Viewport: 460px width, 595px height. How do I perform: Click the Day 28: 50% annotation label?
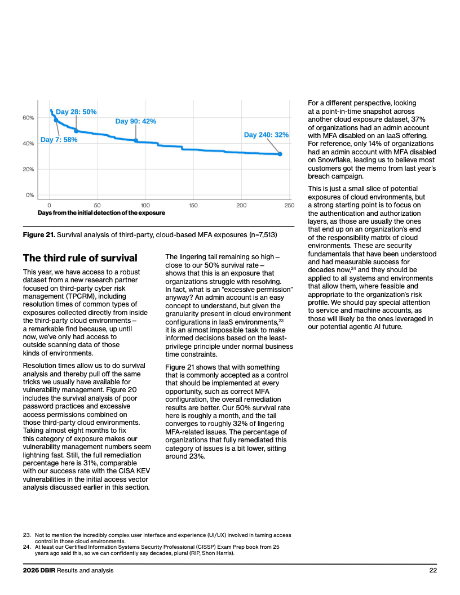click(76, 112)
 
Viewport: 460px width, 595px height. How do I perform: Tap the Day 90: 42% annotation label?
click(135, 122)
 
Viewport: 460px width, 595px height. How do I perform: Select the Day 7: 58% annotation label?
click(59, 140)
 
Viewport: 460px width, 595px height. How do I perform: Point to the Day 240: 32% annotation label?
click(266, 135)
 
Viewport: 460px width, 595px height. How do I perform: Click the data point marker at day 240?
click(280, 154)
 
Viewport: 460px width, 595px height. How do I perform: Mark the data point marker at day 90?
click(136, 140)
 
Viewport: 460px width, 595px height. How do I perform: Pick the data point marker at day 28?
click(76, 131)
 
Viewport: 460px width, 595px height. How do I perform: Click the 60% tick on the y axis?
click(28, 118)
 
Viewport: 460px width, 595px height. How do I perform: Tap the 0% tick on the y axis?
click(30, 195)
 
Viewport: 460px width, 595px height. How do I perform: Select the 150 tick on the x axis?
click(193, 205)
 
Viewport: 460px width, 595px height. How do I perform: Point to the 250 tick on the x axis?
click(289, 205)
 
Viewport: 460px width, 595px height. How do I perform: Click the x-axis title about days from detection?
click(101, 213)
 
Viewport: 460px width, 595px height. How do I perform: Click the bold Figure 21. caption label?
click(39, 235)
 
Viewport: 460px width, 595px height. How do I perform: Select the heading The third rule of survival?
click(80, 258)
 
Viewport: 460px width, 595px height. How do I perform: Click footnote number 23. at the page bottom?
click(26, 535)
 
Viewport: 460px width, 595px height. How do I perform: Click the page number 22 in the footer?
click(433, 570)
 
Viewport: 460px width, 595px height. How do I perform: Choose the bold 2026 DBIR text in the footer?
click(39, 570)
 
